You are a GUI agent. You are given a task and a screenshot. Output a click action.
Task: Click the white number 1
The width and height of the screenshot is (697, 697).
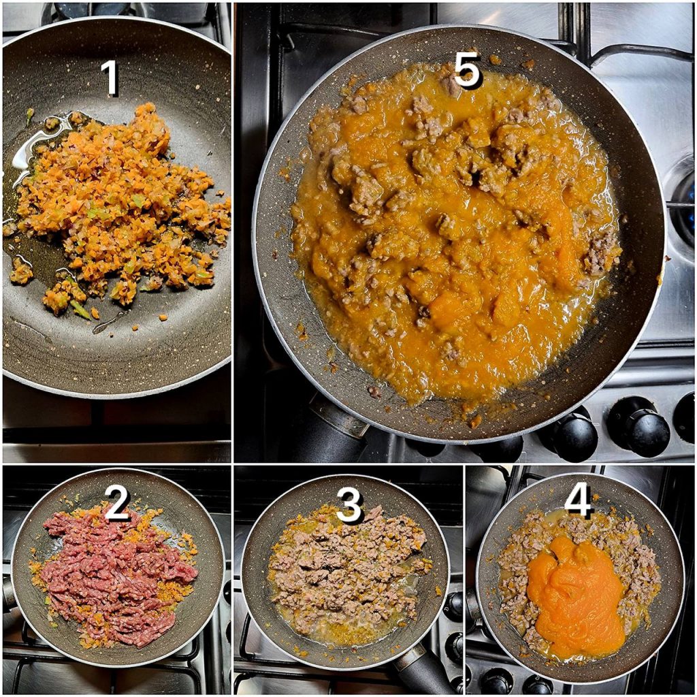click(110, 78)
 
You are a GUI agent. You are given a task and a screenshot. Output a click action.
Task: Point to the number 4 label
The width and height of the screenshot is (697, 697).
click(579, 499)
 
